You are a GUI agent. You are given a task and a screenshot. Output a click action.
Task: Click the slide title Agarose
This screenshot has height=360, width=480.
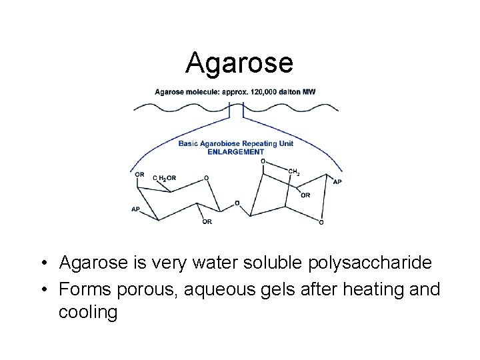click(x=239, y=63)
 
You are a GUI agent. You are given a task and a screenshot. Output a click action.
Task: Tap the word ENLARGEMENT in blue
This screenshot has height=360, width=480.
click(x=236, y=151)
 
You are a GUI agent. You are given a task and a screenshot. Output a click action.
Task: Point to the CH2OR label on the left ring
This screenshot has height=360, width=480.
click(x=165, y=178)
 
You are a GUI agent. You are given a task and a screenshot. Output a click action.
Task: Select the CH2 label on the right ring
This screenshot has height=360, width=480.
click(x=293, y=172)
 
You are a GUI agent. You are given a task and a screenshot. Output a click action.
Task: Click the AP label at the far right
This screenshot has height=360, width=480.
click(x=337, y=181)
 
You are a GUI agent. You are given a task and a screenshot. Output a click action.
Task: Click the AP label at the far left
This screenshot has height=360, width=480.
click(x=136, y=209)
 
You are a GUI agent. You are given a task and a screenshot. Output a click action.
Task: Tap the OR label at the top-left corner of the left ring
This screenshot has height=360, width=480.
click(x=139, y=174)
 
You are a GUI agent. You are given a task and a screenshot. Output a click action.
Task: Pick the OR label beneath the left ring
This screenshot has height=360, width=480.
click(x=207, y=222)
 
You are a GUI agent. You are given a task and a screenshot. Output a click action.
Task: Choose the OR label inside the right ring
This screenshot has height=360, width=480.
click(x=305, y=195)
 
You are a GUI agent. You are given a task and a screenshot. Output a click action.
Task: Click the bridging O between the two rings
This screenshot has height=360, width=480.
click(x=237, y=203)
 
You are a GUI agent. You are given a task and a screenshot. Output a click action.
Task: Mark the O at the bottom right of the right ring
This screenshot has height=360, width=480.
click(x=322, y=222)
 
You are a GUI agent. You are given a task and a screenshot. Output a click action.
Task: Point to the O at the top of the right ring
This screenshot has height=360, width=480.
click(x=263, y=161)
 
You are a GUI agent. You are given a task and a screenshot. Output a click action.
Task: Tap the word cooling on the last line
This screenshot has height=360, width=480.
click(x=88, y=312)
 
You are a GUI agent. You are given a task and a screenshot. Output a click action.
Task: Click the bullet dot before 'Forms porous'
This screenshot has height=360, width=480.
click(x=42, y=290)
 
